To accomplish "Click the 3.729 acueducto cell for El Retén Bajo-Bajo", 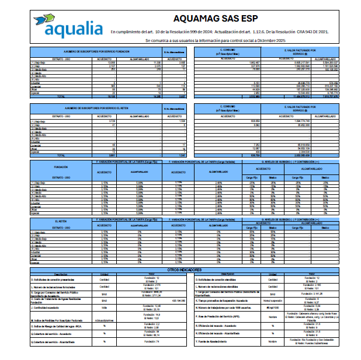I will click(x=104, y=121).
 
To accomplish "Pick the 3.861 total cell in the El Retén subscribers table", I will click(x=104, y=156).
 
